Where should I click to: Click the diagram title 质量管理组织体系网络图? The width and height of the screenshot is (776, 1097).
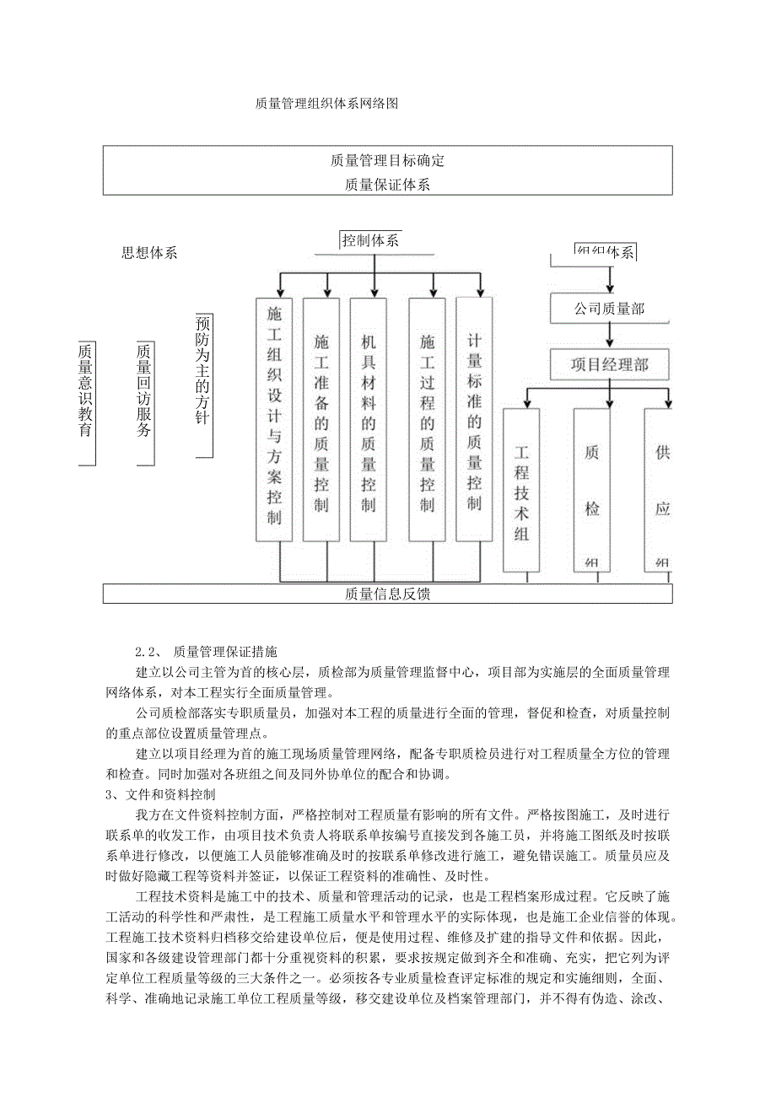326,104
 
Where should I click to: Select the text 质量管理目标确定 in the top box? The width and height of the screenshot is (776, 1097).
387,160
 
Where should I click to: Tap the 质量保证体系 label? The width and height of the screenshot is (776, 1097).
387,184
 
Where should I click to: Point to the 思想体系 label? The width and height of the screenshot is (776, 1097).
149,253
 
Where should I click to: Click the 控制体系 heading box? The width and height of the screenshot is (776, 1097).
370,240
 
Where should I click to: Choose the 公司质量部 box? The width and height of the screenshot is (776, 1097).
609,309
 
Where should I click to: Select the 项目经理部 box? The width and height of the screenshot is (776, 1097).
609,365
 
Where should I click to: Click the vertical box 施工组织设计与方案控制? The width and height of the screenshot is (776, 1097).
274,419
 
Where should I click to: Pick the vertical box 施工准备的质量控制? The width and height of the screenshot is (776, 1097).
321,419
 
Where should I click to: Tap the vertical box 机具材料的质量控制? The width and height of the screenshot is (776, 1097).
369,419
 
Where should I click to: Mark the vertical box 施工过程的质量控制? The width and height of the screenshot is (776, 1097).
427,419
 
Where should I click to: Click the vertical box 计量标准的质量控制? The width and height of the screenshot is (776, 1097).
474,419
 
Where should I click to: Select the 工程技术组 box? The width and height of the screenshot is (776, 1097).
521,489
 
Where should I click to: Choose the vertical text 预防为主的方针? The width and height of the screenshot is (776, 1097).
202,384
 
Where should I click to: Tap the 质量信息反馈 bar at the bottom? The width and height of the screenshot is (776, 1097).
387,594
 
